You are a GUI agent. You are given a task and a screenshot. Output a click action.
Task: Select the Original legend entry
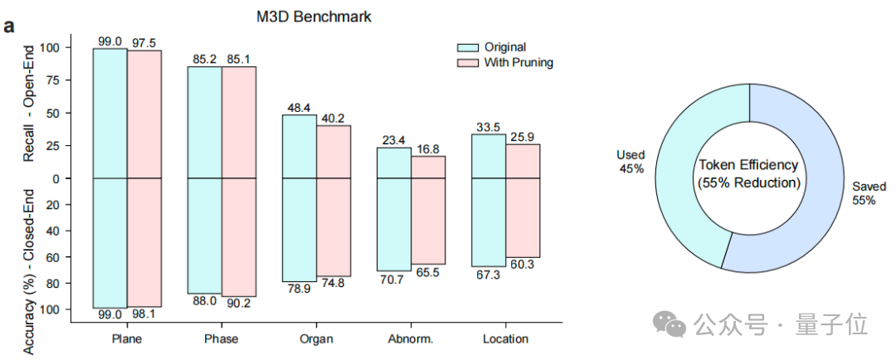tap(504, 47)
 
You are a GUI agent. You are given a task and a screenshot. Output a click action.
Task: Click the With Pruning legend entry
tap(519, 62)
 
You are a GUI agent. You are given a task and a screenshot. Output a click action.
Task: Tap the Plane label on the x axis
tap(126, 339)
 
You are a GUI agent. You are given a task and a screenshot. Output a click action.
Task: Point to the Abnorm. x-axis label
tap(411, 339)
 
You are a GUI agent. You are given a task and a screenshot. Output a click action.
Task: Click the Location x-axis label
tap(505, 339)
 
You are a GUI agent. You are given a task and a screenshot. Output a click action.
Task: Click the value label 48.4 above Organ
tap(299, 108)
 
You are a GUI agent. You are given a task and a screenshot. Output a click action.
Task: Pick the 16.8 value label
tap(430, 149)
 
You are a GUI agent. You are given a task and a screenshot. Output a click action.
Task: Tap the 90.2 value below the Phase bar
tap(240, 303)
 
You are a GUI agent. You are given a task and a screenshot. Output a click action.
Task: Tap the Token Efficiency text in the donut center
tap(748, 165)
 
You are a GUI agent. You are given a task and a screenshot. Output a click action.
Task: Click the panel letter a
tap(9, 26)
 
